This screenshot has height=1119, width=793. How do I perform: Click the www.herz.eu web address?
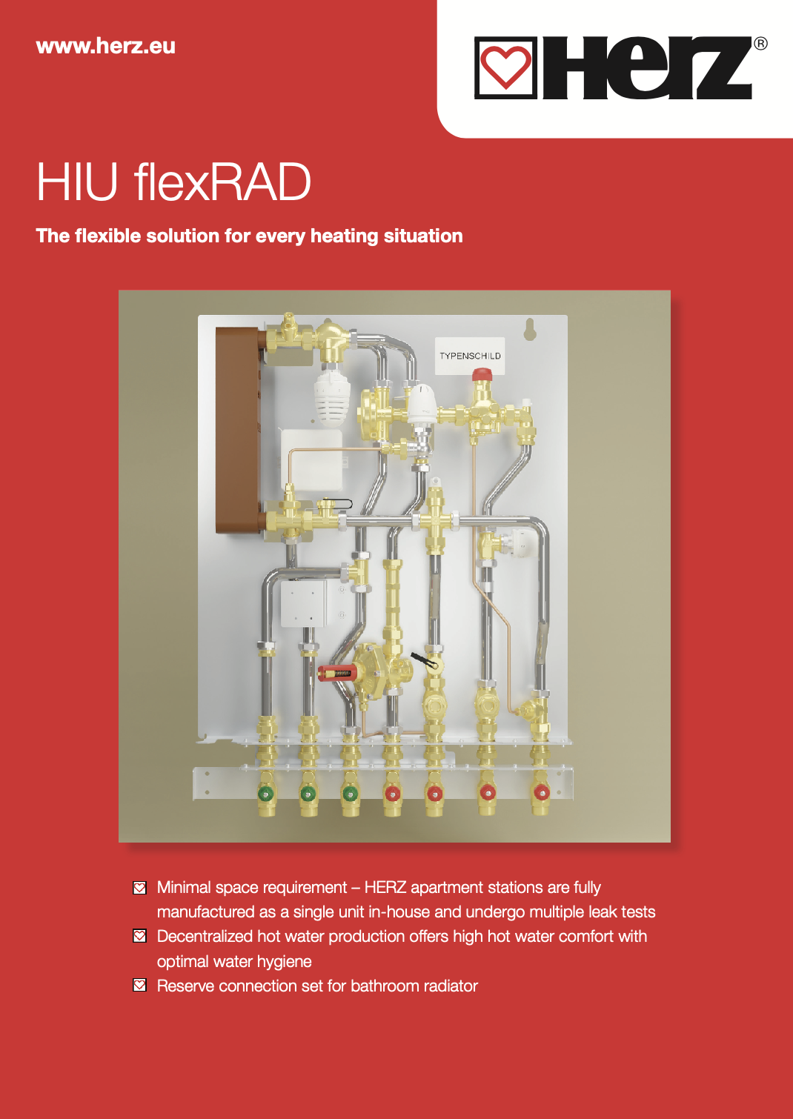105,46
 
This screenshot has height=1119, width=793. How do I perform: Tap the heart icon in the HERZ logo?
505,68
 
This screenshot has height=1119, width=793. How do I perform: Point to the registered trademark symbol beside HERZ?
760,44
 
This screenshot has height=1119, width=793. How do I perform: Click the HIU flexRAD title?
173,182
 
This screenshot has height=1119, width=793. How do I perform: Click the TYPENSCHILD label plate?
470,356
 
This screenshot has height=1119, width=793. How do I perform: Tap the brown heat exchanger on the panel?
236,430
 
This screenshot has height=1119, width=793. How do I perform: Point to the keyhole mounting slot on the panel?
530,330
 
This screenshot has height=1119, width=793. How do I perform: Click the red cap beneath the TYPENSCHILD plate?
482,374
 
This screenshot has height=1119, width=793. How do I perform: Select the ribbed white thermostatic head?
331,396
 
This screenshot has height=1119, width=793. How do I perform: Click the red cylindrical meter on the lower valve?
337,673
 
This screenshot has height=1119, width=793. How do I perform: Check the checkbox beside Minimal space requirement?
139,888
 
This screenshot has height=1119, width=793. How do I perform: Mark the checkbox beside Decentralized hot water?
139,936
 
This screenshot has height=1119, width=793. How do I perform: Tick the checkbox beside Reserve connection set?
139,986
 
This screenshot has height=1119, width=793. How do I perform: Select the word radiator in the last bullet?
448,986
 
